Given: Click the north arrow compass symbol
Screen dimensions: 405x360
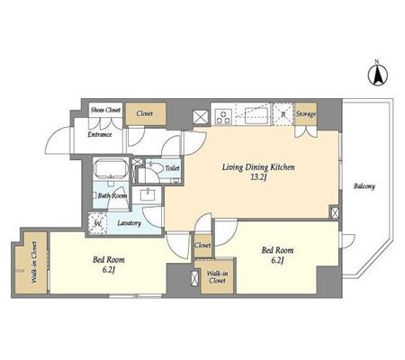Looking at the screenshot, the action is (x=378, y=75).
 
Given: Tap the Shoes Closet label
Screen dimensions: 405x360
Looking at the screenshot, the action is (x=105, y=110).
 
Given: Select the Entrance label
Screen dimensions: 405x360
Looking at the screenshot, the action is (x=100, y=135).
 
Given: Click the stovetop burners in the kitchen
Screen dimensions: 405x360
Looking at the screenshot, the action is (x=224, y=117).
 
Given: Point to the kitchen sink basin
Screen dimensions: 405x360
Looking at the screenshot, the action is (x=256, y=115).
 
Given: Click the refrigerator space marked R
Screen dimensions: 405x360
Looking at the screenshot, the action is (x=283, y=114).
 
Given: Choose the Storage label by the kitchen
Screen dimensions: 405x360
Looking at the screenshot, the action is (x=306, y=114).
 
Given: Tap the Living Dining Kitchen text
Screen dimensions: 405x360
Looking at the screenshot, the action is (x=258, y=167).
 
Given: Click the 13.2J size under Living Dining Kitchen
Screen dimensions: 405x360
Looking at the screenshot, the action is (x=258, y=177).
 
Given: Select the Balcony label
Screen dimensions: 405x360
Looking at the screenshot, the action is (x=364, y=186).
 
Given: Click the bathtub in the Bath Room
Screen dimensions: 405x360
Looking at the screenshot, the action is (x=111, y=169).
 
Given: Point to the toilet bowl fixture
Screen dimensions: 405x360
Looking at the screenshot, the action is (x=157, y=168).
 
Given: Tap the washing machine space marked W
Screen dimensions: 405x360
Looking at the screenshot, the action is (x=97, y=223).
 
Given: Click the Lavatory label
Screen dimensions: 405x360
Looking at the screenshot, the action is (x=129, y=223).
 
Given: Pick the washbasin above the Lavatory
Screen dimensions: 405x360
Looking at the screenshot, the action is (x=148, y=195).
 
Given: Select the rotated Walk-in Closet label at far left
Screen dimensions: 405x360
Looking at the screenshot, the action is (x=34, y=263).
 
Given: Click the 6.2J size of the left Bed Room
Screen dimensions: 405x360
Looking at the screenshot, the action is (x=109, y=270).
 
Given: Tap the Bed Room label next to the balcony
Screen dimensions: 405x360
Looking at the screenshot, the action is (x=277, y=250).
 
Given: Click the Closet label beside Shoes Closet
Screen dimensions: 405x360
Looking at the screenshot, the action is (x=145, y=113).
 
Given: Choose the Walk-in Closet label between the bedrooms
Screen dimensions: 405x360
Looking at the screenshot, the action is (x=218, y=277).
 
